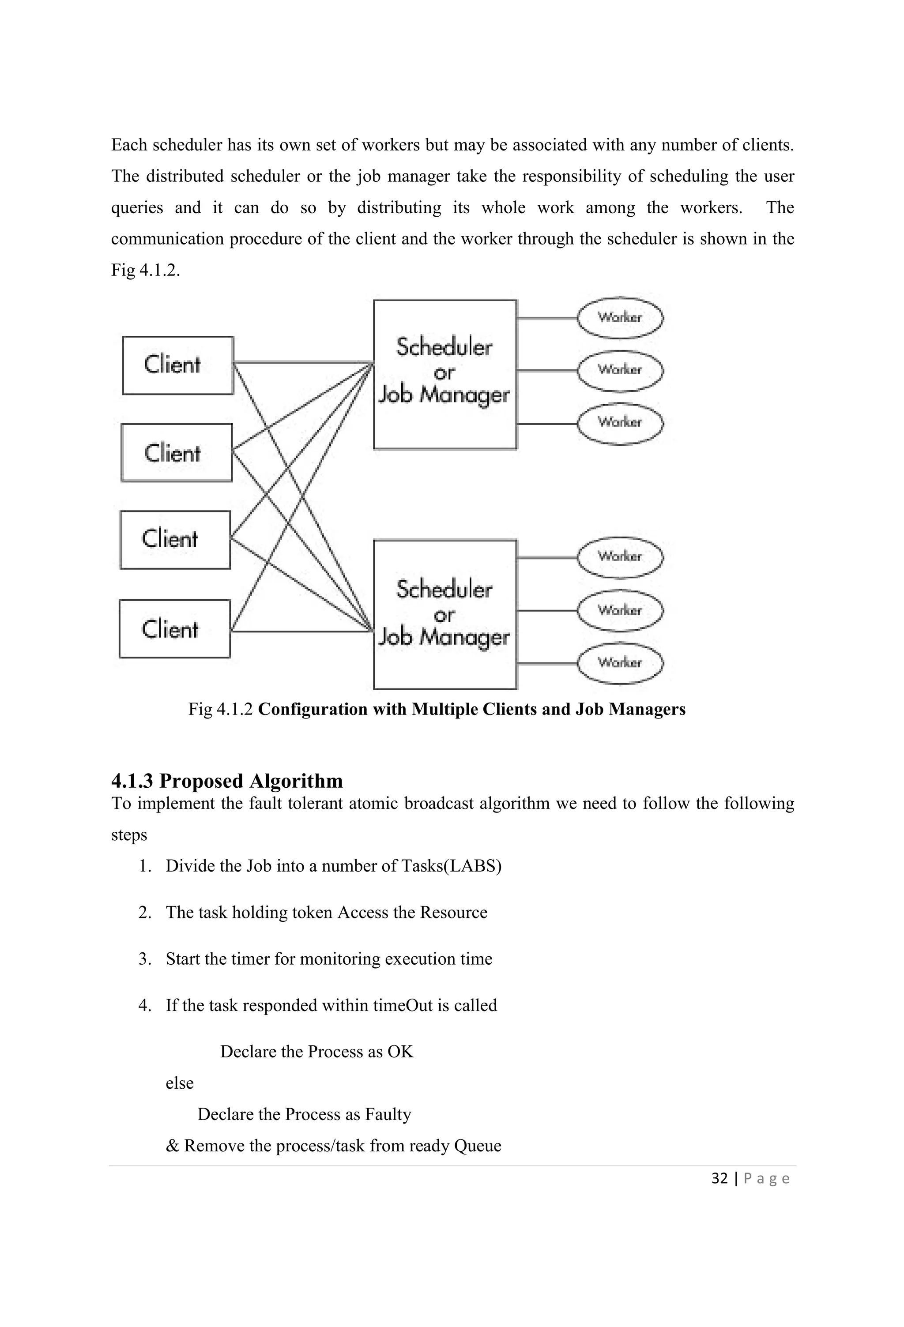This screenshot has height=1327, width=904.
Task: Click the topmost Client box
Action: (x=177, y=365)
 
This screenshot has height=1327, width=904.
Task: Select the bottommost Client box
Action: (x=175, y=629)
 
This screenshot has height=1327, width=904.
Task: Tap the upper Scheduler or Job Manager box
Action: (x=445, y=375)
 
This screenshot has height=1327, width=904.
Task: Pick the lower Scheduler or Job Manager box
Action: (x=445, y=614)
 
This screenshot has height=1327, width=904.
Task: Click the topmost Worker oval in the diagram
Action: (x=620, y=317)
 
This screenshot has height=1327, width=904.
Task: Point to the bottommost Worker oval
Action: (x=620, y=663)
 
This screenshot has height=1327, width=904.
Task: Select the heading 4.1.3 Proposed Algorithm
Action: (x=227, y=781)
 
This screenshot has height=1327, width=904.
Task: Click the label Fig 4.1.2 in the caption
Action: (x=220, y=709)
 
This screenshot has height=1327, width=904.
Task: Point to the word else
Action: (x=179, y=1083)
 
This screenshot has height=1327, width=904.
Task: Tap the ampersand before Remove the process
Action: (x=172, y=1146)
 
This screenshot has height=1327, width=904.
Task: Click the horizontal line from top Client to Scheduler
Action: (x=303, y=362)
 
